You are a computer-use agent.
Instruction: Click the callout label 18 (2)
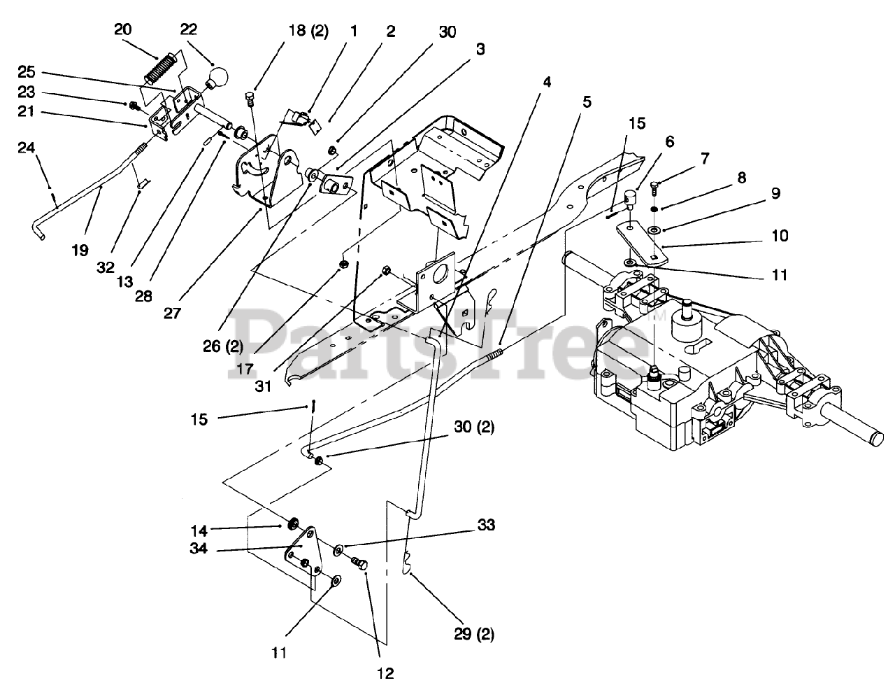coord(308,32)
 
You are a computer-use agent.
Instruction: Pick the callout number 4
coord(546,82)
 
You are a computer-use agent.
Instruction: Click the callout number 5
coord(586,102)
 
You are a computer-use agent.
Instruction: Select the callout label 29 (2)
coord(475,635)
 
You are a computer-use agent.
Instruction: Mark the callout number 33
coord(486,524)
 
